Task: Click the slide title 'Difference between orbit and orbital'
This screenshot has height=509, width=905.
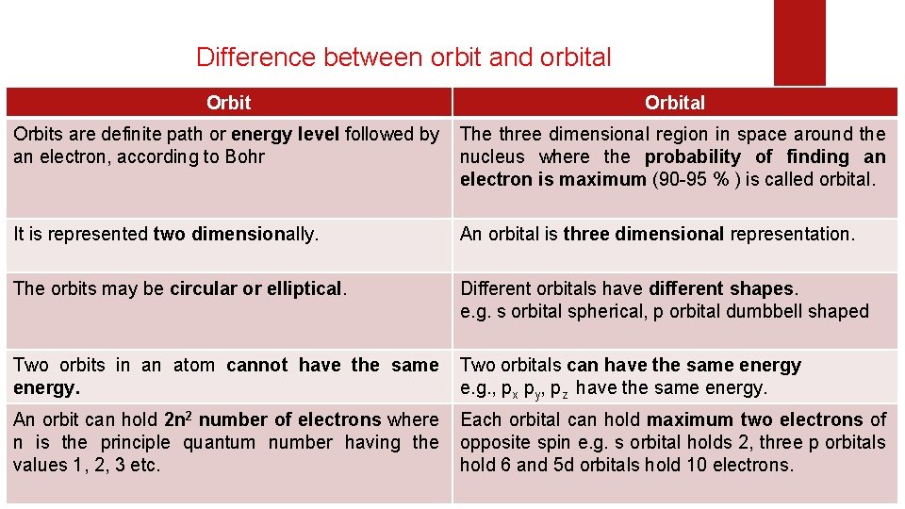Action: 403,57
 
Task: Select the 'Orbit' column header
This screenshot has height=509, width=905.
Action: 228,102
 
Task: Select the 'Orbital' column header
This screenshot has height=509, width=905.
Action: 675,102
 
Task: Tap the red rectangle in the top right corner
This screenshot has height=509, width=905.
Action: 798,41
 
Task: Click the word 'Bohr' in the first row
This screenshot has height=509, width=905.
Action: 245,156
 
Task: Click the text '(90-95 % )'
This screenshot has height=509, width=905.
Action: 696,179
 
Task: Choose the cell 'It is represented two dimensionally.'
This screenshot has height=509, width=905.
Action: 166,234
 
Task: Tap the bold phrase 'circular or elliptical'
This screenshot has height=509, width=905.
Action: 255,288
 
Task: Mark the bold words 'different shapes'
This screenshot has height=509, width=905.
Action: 722,288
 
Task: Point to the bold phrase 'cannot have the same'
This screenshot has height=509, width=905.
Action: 333,365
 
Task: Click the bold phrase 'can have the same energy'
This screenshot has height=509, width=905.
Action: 683,365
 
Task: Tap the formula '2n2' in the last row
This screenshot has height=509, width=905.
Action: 179,419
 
